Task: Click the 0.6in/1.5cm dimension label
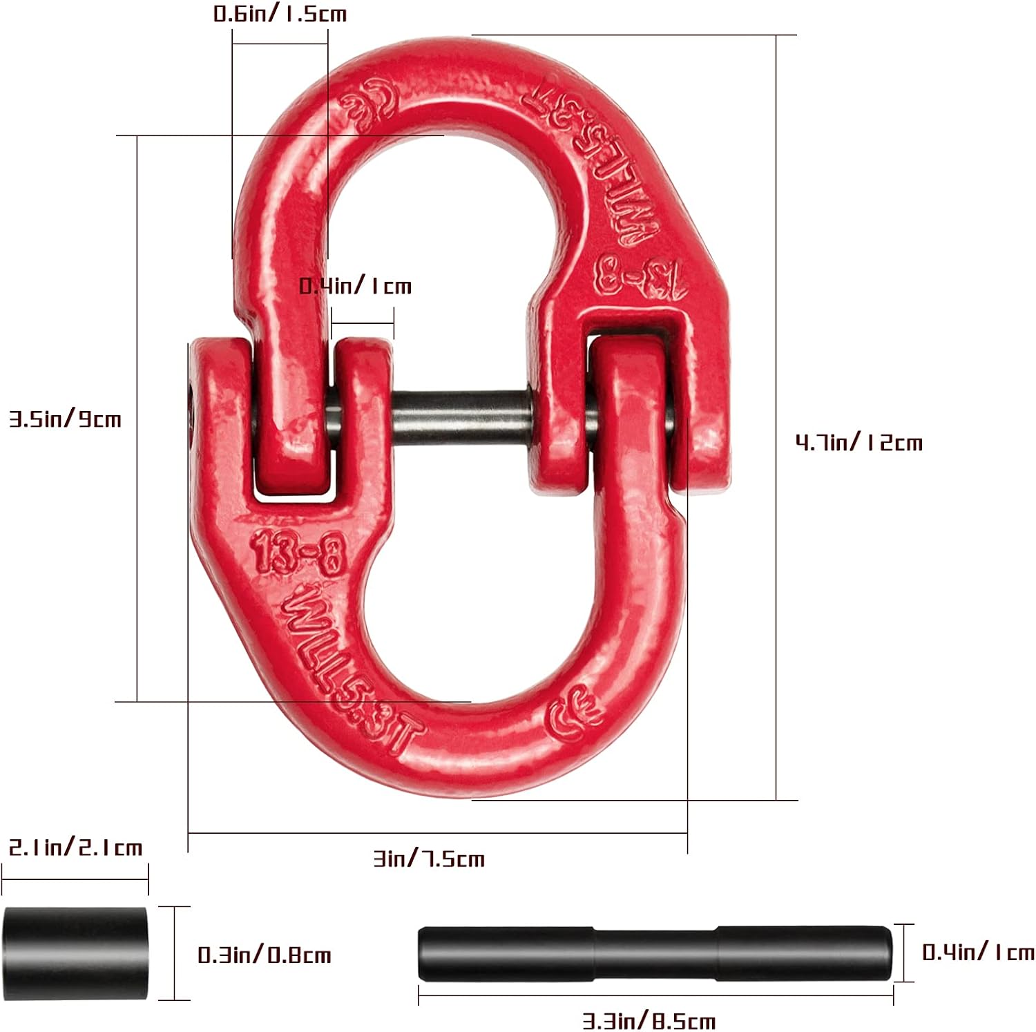(280, 14)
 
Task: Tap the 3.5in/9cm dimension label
(65, 419)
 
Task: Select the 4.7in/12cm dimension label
(858, 442)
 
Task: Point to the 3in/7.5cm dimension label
(429, 859)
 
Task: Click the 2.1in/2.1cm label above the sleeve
(75, 848)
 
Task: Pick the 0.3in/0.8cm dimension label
(265, 955)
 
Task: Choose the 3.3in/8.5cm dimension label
(649, 1020)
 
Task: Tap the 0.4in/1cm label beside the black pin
(978, 953)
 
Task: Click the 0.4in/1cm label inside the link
(355, 286)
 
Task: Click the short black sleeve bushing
(75, 953)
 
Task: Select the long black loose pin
(655, 953)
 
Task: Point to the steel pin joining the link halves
(461, 417)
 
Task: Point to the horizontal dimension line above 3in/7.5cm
(437, 833)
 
